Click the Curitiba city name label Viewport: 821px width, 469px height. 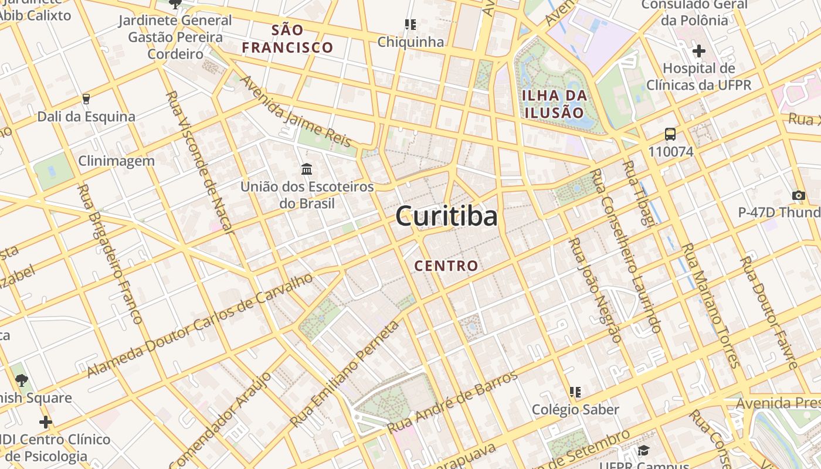(446, 216)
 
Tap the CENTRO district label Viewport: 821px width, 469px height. (446, 266)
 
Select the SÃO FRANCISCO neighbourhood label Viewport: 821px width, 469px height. (288, 39)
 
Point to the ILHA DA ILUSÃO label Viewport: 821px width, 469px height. (554, 104)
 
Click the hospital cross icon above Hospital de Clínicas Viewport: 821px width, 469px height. (698, 51)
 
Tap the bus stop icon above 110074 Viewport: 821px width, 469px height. (670, 134)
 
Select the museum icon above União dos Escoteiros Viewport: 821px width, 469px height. (306, 169)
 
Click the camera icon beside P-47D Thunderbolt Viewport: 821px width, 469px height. (798, 195)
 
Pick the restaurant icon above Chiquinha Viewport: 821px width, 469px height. (410, 25)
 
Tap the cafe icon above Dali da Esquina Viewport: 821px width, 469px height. (86, 98)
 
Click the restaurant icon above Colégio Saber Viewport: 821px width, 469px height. (575, 392)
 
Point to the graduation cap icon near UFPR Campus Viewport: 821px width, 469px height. (643, 450)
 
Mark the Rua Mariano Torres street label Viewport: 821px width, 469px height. (710, 305)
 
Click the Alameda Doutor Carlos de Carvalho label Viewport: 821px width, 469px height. (201, 325)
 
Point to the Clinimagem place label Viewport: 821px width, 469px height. (117, 161)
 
